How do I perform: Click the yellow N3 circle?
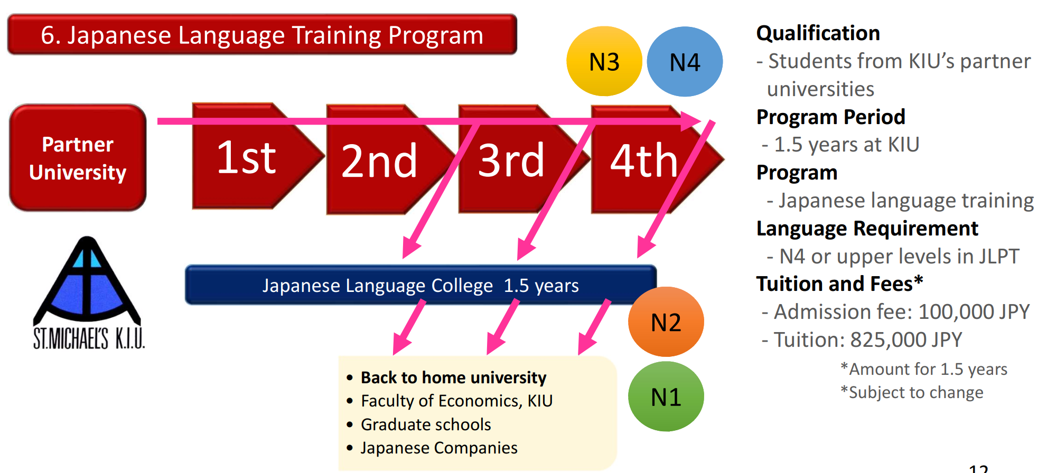[604, 61]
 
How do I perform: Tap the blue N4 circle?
[685, 61]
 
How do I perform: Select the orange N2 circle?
[666, 321]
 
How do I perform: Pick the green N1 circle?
[666, 396]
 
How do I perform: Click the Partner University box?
[78, 158]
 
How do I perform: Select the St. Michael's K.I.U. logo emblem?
[88, 293]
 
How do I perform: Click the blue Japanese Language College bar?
[420, 285]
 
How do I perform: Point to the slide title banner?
[262, 35]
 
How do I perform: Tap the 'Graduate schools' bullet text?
[426, 424]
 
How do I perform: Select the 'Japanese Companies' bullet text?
[439, 448]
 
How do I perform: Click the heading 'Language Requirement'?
[867, 229]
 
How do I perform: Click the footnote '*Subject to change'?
[912, 392]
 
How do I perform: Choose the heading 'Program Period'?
[831, 117]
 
